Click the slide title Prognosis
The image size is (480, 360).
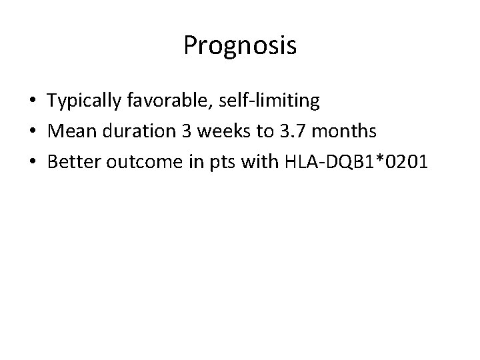[239, 46]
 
